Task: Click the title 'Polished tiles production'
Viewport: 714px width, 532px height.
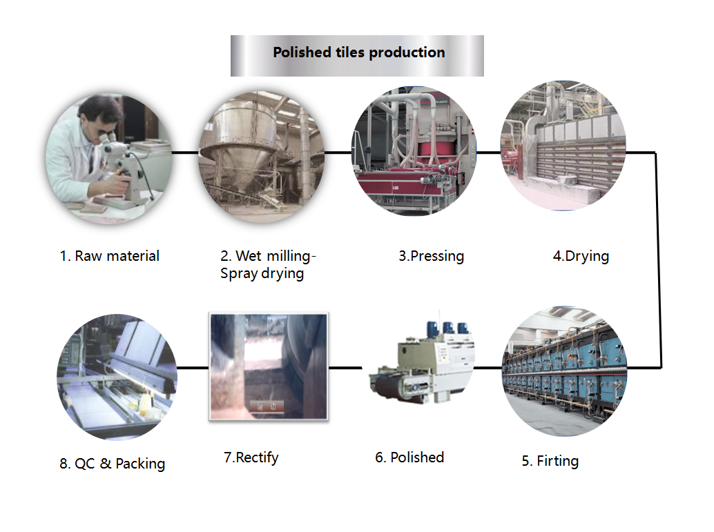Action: [359, 52]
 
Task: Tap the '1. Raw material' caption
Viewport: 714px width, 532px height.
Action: [109, 256]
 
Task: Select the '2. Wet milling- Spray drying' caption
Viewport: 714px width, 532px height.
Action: [268, 264]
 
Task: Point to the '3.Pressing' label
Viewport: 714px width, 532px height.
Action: [431, 256]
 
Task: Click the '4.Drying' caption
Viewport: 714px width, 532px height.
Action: [581, 256]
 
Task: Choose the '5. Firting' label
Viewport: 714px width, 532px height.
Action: [550, 461]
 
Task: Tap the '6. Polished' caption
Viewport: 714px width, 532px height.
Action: [409, 457]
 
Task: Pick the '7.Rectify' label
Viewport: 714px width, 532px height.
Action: [251, 457]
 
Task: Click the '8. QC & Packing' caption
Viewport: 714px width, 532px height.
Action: [112, 464]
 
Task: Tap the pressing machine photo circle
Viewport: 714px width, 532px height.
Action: [414, 151]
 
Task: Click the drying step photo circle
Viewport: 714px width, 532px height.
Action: [563, 146]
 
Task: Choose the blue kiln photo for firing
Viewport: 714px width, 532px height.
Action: [565, 371]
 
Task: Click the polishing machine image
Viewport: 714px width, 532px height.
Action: [422, 362]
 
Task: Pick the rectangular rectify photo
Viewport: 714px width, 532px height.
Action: [269, 366]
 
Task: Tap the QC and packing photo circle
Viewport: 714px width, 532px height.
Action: [117, 377]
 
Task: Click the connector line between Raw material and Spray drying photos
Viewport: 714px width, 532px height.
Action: [185, 152]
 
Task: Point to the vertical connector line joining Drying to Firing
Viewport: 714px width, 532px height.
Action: [658, 259]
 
